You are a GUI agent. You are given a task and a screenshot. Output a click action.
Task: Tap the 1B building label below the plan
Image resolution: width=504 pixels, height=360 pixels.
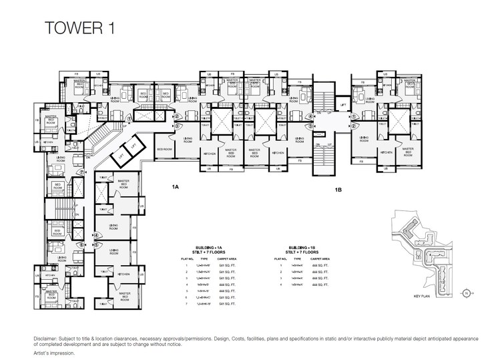(x=338, y=190)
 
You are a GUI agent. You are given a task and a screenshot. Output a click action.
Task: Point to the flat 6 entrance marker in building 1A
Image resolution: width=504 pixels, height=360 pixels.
(x=81, y=244)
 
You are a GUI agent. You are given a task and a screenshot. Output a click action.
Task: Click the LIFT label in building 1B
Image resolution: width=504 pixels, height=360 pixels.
(x=342, y=106)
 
